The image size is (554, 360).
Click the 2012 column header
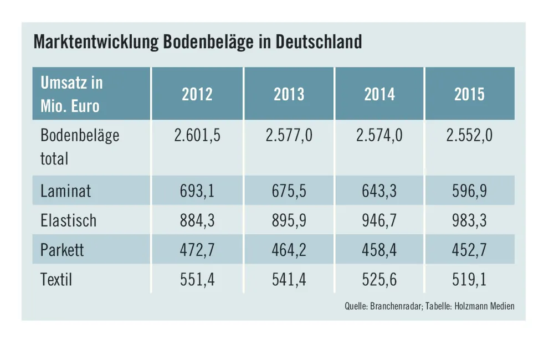197,94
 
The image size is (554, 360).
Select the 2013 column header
289,94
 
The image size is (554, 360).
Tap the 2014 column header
379,94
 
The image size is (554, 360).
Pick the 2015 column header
469,94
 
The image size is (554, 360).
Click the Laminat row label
65,191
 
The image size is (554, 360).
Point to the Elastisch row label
68,220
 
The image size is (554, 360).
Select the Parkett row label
62,250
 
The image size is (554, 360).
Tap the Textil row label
56,279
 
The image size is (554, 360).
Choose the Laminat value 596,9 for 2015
469,191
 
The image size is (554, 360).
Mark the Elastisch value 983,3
469,220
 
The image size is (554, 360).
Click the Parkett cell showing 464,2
289,250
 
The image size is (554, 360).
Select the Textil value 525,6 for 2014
379,279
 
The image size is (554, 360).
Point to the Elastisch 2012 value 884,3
197,220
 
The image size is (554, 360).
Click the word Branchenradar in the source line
394,306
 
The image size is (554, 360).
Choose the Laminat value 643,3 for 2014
379,191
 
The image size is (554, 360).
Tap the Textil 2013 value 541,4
289,279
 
